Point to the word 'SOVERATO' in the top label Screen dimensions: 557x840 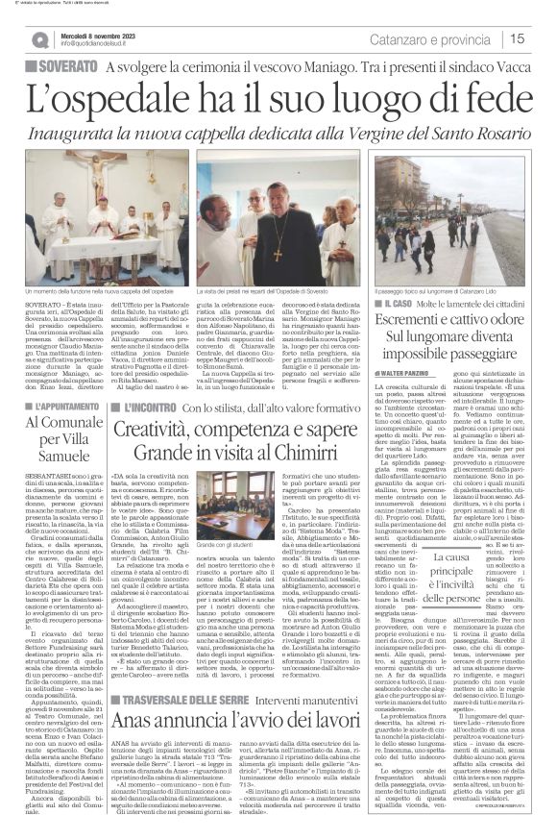(68, 67)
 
